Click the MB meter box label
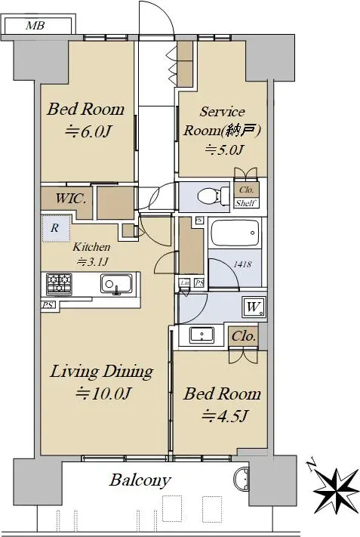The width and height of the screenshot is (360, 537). point(35,26)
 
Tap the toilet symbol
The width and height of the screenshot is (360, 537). point(214,196)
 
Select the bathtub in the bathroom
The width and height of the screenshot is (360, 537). point(235,233)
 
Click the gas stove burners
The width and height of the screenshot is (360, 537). point(60,284)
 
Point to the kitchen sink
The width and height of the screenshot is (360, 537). point(116,284)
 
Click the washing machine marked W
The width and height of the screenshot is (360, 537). point(254,307)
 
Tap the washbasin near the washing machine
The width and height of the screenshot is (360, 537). point(202,335)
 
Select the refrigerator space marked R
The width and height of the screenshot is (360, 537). point(55,228)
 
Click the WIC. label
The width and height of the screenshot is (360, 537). point(71,199)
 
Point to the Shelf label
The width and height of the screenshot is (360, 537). point(246,203)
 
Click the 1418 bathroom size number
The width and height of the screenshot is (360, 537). point(243,264)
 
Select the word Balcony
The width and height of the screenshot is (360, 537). point(140,480)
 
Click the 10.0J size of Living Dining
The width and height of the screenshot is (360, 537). point(103,393)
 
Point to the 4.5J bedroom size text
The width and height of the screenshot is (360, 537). point(224,415)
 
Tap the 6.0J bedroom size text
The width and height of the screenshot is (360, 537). point(88,131)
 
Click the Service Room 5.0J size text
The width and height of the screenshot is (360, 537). point(224,150)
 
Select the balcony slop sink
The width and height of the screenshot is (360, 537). point(242,478)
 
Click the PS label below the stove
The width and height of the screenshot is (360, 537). point(48,304)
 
